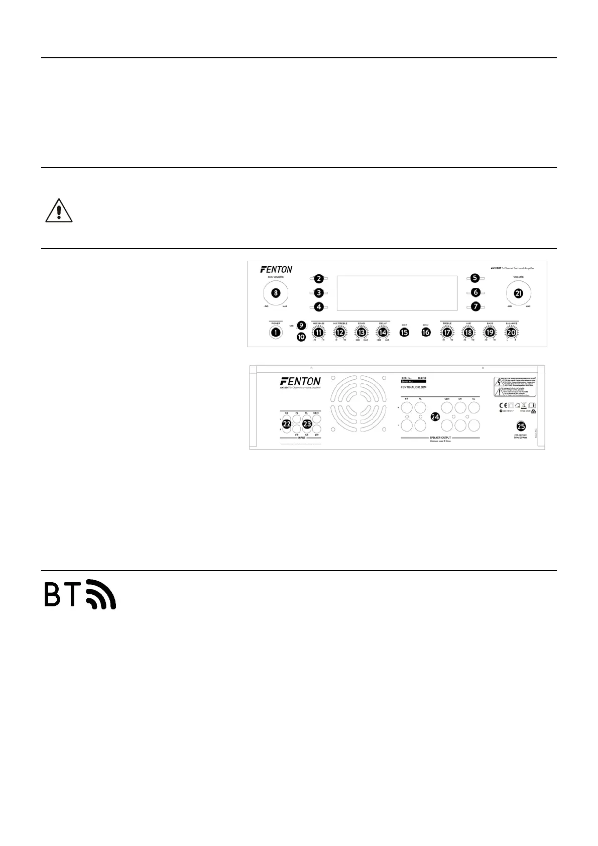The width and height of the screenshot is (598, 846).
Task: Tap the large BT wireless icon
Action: pos(80,594)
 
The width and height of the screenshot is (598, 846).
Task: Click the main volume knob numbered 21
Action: pos(519,293)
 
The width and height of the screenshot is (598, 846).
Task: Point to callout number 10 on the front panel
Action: pos(301,337)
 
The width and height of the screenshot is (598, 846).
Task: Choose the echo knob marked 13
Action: pos(361,332)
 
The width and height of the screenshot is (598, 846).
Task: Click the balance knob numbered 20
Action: pos(512,332)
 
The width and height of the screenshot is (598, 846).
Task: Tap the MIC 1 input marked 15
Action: pos(404,332)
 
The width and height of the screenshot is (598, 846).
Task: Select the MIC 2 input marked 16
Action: pos(426,332)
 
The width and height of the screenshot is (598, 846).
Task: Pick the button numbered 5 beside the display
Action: pos(475,278)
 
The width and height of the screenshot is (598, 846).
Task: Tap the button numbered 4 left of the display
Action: pos(318,307)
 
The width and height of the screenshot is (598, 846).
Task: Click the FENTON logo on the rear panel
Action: pos(300,382)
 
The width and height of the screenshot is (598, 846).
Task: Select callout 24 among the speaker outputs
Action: pos(435,416)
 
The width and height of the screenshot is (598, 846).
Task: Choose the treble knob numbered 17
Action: pos(447,332)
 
